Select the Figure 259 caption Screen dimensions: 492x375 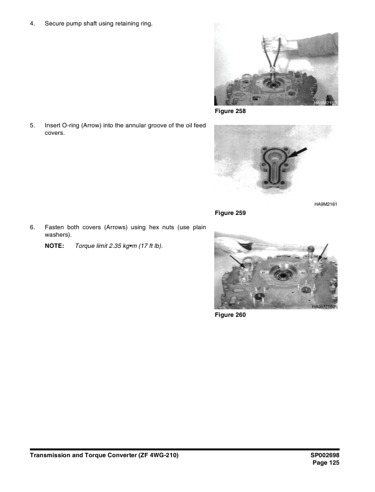point(230,213)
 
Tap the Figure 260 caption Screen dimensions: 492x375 point(230,315)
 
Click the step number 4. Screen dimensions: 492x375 point(32,24)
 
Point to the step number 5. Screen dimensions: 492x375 point(32,125)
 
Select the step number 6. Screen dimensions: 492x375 point(32,228)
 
